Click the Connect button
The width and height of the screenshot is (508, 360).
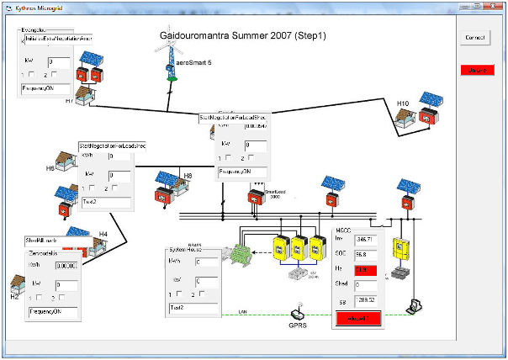[476, 39]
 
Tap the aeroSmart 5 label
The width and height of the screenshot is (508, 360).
[193, 63]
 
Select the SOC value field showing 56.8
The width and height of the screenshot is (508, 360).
[364, 255]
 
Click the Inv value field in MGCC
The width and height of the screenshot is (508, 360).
[364, 241]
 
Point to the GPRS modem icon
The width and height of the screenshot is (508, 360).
[299, 310]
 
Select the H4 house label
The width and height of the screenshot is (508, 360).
[103, 233]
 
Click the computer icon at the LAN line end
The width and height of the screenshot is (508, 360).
[414, 304]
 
